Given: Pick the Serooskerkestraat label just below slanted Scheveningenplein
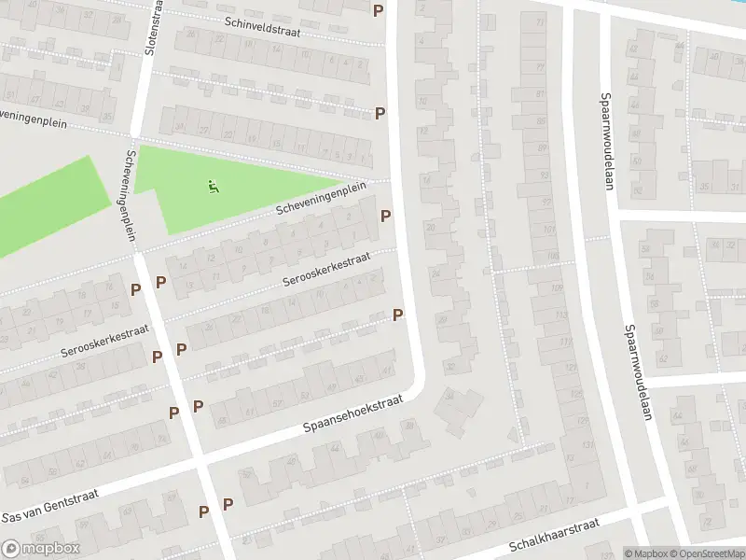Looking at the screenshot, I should point(327,269).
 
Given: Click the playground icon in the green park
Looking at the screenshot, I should point(214,186).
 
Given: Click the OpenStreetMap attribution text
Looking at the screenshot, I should point(708,553).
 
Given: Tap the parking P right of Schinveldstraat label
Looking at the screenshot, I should point(378,11).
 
